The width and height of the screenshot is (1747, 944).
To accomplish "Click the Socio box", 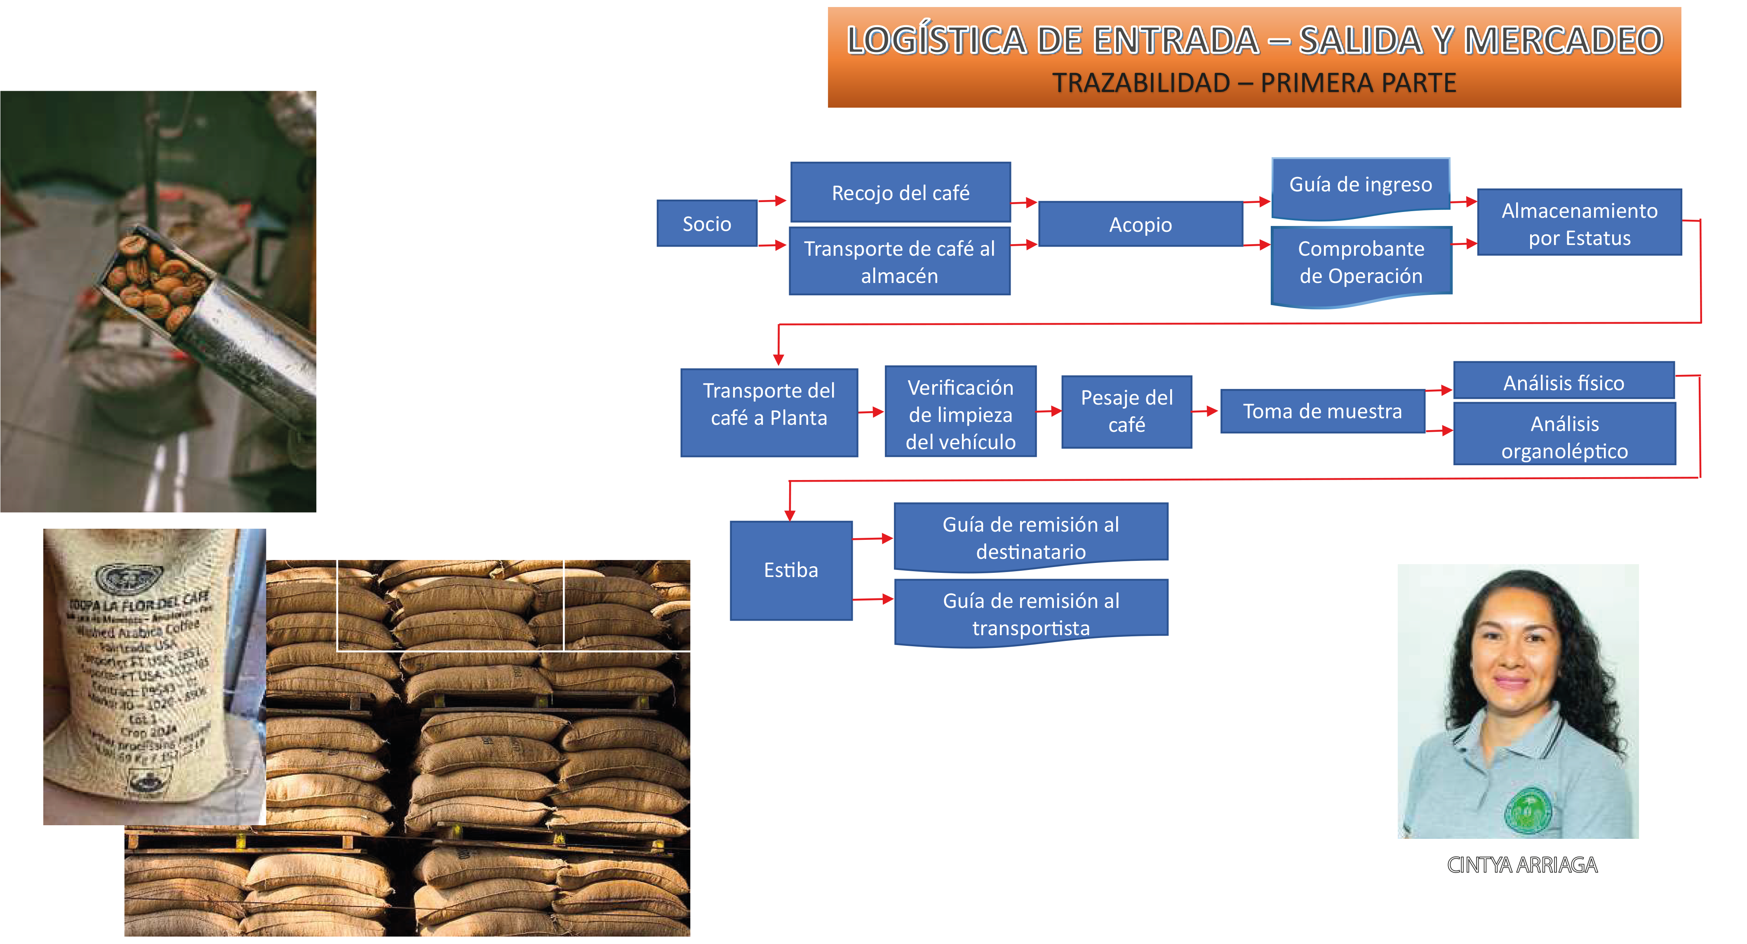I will pyautogui.click(x=707, y=223).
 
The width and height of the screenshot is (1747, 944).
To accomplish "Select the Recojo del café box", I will pyautogui.click(x=900, y=193).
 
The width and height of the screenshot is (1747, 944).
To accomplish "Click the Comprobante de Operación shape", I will pyautogui.click(x=1360, y=263).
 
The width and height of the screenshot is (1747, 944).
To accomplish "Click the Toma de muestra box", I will pyautogui.click(x=1322, y=412).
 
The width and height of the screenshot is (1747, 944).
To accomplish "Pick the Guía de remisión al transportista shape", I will pyautogui.click(x=1031, y=613).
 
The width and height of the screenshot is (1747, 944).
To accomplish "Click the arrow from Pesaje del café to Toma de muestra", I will pyautogui.click(x=1206, y=411).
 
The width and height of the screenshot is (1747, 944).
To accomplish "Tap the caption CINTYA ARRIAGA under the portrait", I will pyautogui.click(x=1522, y=865).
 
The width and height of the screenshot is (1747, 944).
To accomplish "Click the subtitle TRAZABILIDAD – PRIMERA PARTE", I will pyautogui.click(x=1253, y=83).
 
